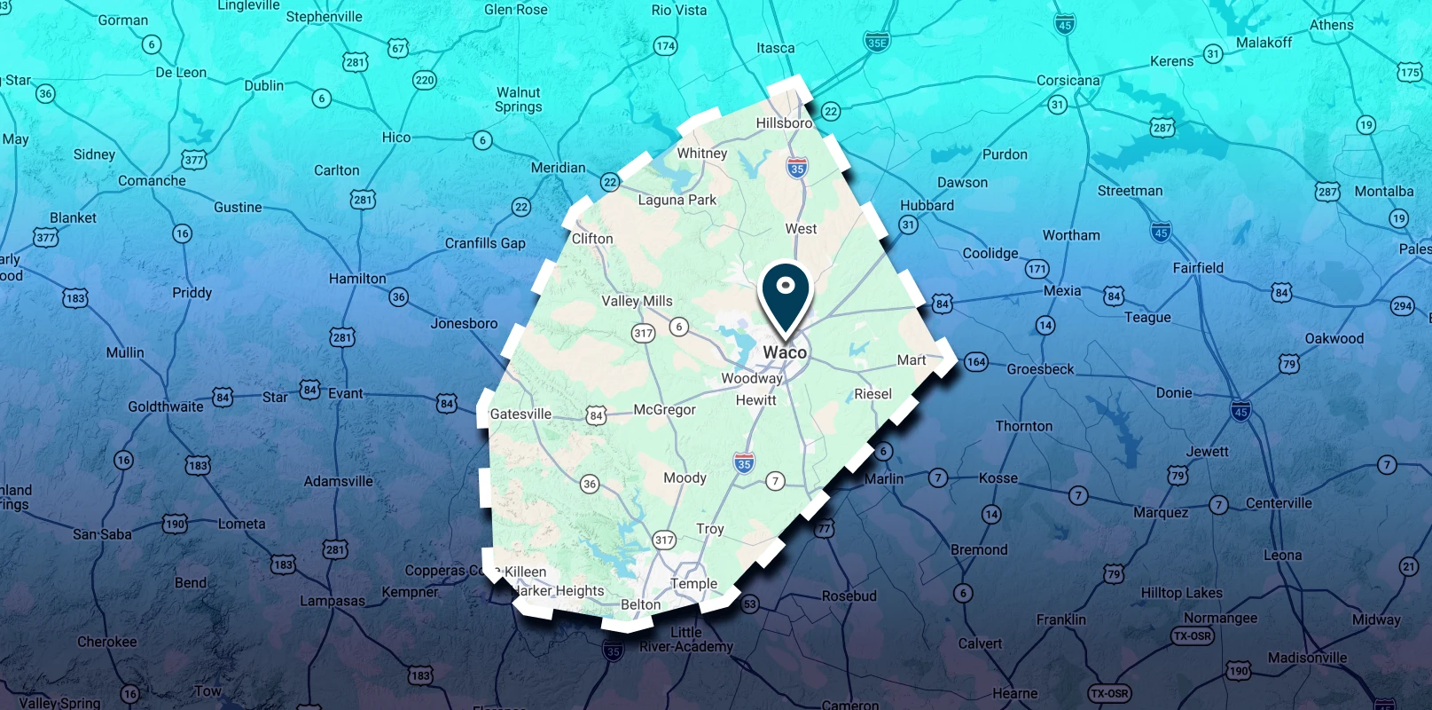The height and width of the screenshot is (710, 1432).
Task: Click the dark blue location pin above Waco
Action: (x=785, y=293)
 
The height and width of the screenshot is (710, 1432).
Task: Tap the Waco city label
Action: (x=785, y=352)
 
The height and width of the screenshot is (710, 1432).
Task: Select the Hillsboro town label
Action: (x=784, y=123)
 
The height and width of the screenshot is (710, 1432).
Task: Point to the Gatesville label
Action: (x=520, y=414)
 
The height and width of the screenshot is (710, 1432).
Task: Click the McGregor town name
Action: (x=664, y=410)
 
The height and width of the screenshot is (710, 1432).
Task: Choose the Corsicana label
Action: (x=1068, y=81)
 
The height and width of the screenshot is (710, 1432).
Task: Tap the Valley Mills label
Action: (x=637, y=302)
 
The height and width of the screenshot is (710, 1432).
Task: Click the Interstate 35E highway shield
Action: (x=877, y=41)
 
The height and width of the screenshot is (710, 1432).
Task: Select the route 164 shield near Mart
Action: (x=976, y=361)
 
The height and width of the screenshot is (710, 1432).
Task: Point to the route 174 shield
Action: (x=665, y=46)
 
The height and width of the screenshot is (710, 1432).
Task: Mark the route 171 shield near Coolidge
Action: (x=1037, y=269)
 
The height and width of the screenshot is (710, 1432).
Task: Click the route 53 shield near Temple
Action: (x=750, y=604)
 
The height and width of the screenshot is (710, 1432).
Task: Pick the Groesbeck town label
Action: (x=1040, y=369)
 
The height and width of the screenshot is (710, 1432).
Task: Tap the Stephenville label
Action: (x=324, y=17)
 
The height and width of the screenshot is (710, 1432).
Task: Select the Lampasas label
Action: (x=332, y=601)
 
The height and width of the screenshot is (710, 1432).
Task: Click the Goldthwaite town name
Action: (x=166, y=406)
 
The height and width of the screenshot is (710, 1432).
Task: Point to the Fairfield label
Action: (x=1197, y=268)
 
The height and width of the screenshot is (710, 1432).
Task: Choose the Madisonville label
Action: (x=1307, y=658)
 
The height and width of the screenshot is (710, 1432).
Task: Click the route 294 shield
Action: (x=1402, y=306)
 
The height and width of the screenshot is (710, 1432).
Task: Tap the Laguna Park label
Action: (x=677, y=201)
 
